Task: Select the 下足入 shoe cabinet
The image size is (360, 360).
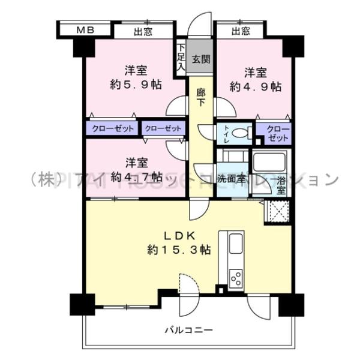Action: click(180, 59)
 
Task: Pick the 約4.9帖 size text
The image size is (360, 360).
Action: click(255, 86)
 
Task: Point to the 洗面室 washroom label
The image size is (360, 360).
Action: click(232, 178)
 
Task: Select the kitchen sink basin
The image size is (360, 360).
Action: click(236, 244)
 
